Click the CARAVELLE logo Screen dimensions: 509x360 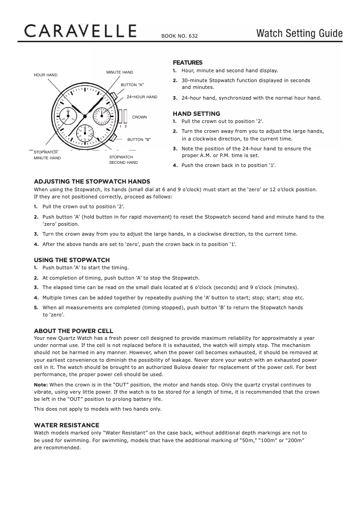80,31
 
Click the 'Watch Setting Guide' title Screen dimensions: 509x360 299,34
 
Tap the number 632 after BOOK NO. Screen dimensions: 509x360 193,36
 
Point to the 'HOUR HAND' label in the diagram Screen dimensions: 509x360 46,75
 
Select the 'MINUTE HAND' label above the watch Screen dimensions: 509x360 119,72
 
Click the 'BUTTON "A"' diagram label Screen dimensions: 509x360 132,84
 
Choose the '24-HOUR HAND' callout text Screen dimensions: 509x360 142,97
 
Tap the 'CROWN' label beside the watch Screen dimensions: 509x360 139,117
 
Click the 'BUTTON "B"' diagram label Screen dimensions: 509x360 139,140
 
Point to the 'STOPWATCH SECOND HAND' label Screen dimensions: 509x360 123,160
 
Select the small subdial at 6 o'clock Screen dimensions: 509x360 84,133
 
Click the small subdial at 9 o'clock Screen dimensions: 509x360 68,116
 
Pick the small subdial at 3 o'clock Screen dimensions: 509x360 101,116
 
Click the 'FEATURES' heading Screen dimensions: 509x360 188,62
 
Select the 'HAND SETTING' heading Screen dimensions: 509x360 196,114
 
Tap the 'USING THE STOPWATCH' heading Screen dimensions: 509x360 72,260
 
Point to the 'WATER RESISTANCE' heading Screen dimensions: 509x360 66,425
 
